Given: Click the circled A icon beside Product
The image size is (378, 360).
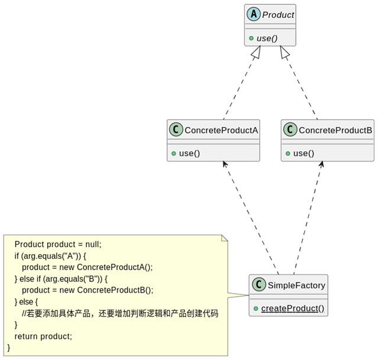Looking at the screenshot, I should click(253, 14).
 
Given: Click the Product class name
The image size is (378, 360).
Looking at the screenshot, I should click(278, 15).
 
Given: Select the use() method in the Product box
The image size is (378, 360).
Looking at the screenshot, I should click(267, 38).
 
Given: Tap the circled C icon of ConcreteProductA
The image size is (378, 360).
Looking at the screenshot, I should click(176, 130).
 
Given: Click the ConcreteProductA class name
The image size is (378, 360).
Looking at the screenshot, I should click(221, 130).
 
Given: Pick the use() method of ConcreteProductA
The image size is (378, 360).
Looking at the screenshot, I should click(189, 153).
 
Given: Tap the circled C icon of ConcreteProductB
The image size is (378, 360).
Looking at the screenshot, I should click(290, 130).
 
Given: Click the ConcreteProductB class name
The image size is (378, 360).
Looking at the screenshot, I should click(335, 130).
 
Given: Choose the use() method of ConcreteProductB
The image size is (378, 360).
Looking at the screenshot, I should click(303, 153).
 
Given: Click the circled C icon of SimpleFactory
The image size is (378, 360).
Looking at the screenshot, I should click(259, 285).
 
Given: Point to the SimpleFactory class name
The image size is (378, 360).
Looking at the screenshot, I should click(296, 286).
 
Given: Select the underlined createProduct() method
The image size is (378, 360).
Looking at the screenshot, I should click(292, 308).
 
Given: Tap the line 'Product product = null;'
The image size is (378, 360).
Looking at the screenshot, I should click(58, 244).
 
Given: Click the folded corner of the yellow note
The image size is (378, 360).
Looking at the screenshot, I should click(224, 238).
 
